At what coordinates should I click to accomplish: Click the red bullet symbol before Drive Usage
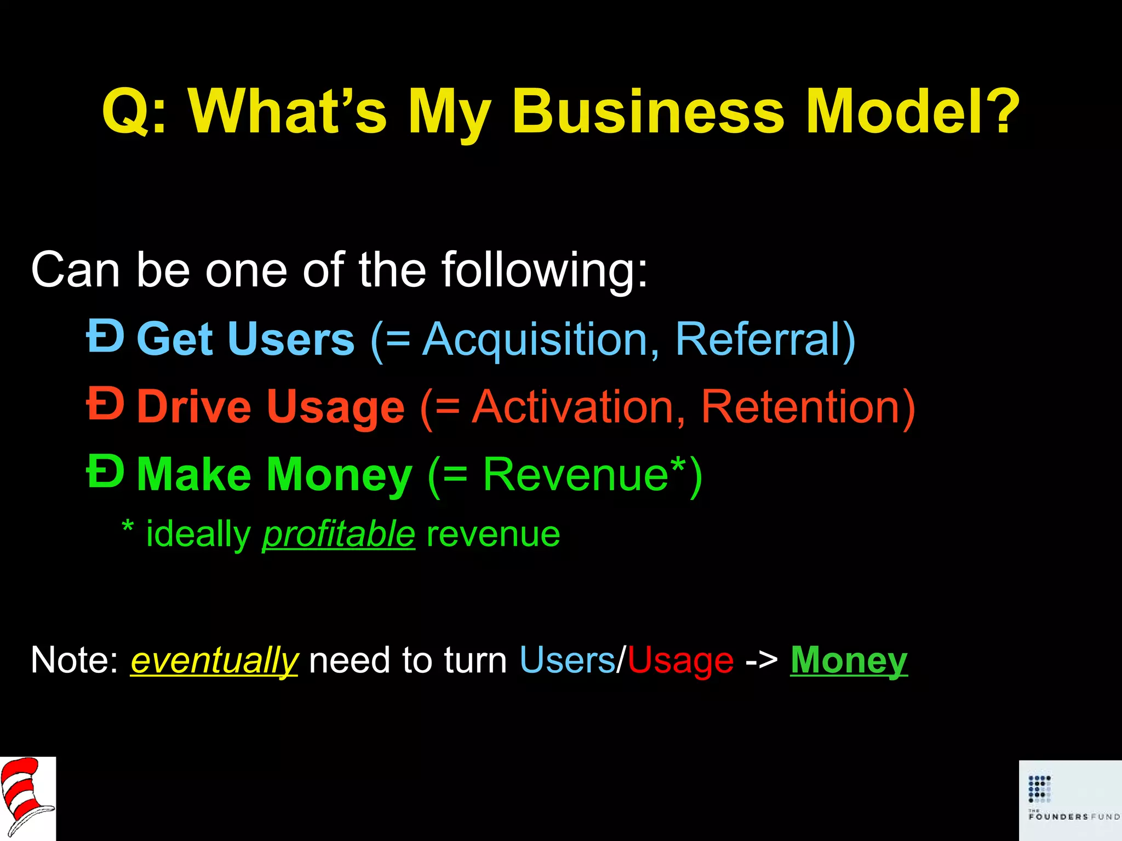105,404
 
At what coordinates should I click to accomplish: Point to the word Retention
800,407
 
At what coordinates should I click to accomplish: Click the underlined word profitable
339,534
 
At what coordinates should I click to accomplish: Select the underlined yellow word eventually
214,660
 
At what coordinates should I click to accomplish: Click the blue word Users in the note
567,660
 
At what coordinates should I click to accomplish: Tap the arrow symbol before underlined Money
762,660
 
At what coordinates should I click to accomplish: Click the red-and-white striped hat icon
27,798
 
